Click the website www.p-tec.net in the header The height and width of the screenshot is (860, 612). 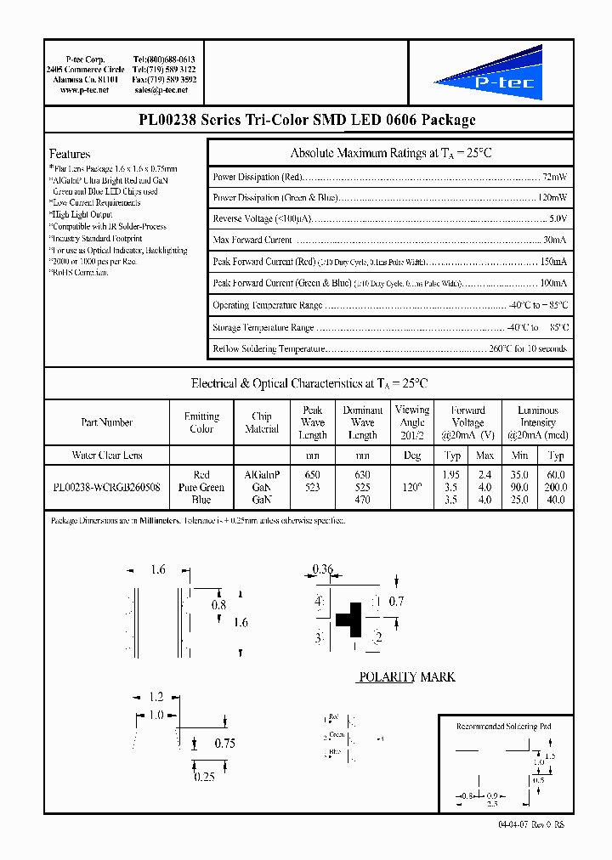pos(81,89)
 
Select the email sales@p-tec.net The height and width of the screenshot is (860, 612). pos(164,89)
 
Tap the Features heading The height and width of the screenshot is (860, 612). pos(70,154)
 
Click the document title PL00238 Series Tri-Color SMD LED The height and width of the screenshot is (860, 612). pos(307,121)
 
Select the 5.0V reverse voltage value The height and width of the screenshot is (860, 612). pos(558,219)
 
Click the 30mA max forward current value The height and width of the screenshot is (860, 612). pos(555,240)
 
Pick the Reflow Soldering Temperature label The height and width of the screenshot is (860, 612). pos(269,348)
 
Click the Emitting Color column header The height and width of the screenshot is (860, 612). pos(201,422)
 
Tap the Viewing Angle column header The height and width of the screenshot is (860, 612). pos(412,422)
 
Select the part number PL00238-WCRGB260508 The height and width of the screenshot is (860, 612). pos(106,488)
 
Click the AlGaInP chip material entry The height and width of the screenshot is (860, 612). pos(262,475)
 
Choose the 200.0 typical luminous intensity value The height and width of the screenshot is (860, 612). pos(556,488)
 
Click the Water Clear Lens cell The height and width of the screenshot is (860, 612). pos(107,455)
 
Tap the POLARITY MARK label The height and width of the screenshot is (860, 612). pos(406,677)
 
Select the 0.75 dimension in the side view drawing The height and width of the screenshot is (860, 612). pos(223,743)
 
